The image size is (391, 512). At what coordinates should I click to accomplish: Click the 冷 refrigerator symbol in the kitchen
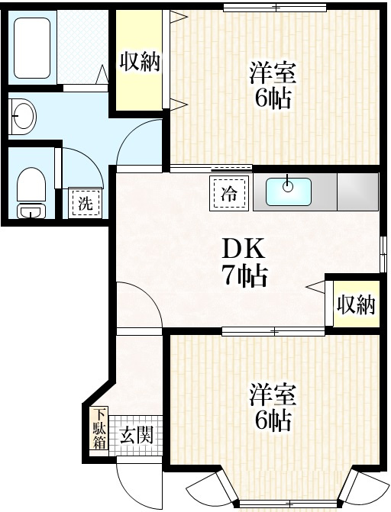pos(228,193)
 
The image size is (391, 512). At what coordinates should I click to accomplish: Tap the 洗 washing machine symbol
pos(85,203)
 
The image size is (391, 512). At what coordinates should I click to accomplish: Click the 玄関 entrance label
pos(137,436)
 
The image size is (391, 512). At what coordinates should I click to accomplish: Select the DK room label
pos(242,249)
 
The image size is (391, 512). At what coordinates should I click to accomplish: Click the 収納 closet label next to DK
pos(356,304)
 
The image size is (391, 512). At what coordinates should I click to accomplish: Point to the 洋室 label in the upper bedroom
pos(272,76)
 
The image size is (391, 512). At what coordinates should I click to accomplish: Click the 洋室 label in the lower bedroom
pos(272,396)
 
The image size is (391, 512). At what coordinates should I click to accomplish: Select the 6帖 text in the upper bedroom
pos(272,99)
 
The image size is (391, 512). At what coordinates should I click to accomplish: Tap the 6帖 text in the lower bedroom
pos(272,420)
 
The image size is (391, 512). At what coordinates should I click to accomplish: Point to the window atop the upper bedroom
pos(273,8)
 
